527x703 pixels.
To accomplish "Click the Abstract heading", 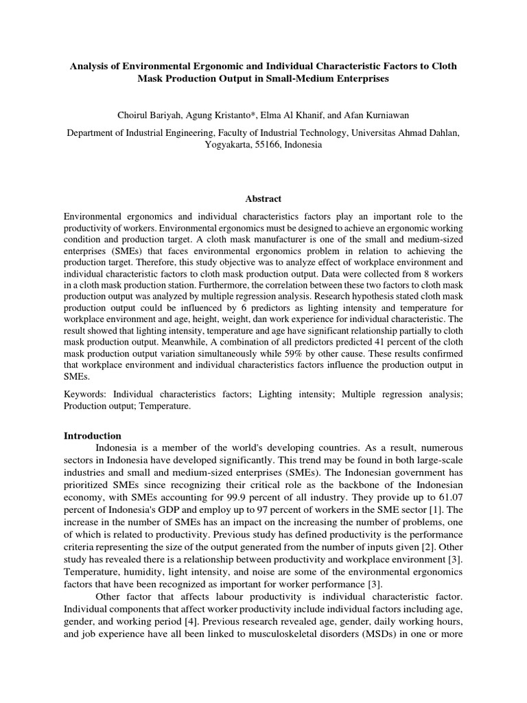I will (x=263, y=199).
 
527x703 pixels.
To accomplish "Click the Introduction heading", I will (x=93, y=436).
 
